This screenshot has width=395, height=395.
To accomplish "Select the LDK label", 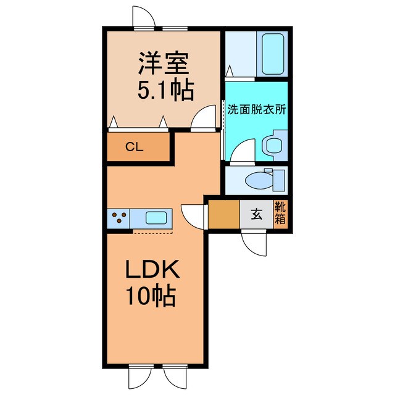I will (152, 272).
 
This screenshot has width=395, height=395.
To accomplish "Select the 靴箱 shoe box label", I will (280, 214).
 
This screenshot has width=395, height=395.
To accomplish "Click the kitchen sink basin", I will (156, 217).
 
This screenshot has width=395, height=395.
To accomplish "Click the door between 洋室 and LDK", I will (202, 120).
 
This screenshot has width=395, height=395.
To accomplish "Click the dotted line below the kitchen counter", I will (154, 233).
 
